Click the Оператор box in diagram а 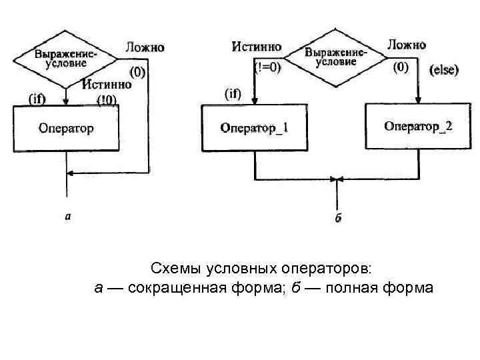tap(66, 128)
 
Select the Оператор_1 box tap(255, 127)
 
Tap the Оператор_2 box tap(418, 125)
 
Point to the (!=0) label tap(269, 67)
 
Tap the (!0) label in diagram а tap(107, 100)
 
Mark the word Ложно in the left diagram tap(145, 47)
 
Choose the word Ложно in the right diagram tap(406, 45)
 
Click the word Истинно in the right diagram tap(256, 47)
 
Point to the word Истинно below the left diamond tap(107, 85)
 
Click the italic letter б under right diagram tap(338, 218)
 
